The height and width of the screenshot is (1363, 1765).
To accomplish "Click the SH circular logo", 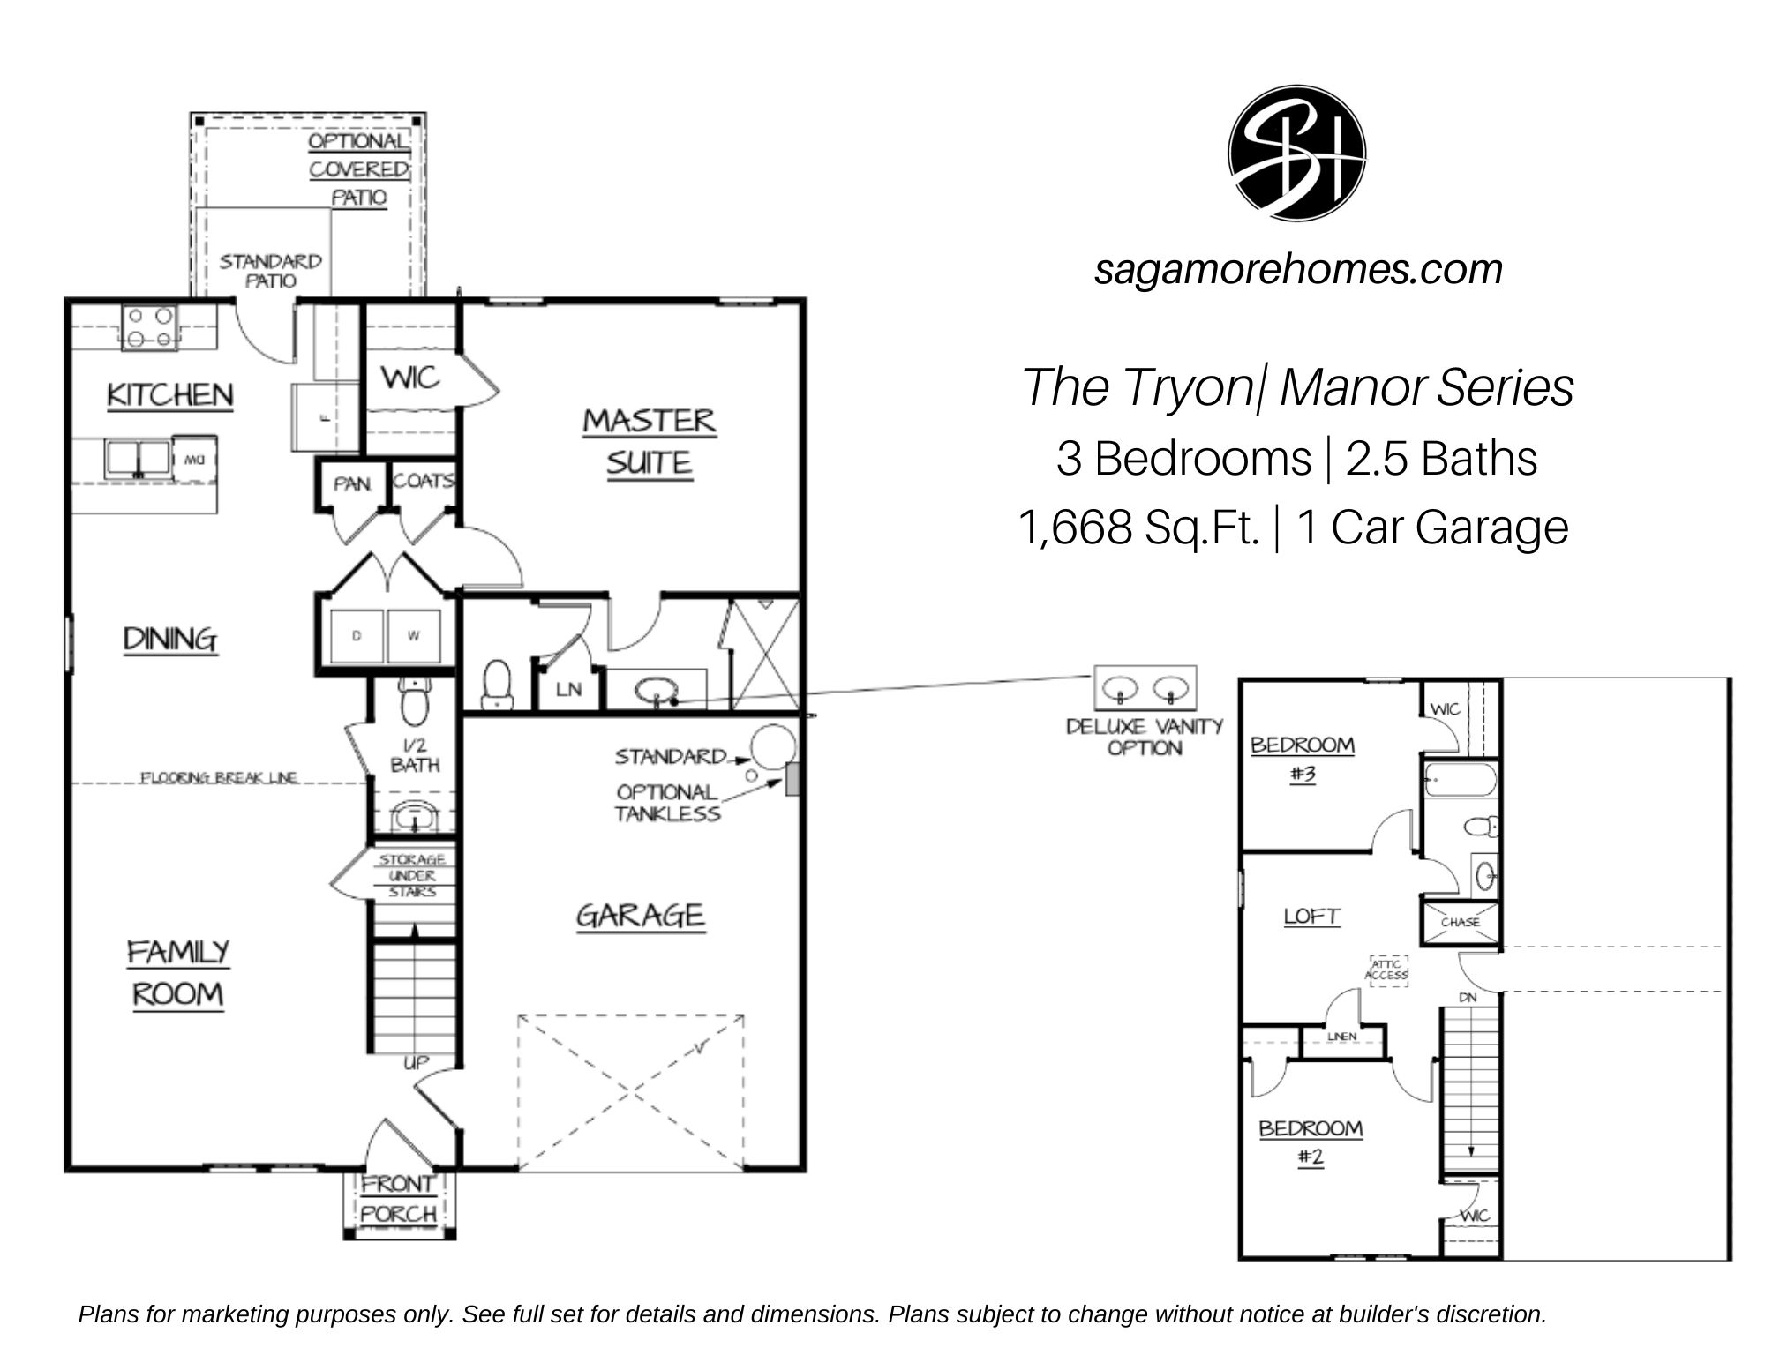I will [x=1296, y=154].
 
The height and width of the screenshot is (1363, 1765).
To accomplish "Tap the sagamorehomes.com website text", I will [x=1297, y=269].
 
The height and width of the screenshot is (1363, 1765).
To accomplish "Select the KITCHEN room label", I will [x=170, y=395].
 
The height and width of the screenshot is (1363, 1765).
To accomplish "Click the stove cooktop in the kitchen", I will [x=149, y=327].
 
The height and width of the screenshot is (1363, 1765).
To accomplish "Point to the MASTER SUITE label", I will [x=649, y=442].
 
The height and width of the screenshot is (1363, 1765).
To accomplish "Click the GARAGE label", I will [x=640, y=916].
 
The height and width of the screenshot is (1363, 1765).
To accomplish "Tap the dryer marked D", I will [x=357, y=636].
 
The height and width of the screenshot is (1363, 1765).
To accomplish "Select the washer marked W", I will [x=413, y=636].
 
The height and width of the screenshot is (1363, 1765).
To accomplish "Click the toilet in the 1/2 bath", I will [x=412, y=701].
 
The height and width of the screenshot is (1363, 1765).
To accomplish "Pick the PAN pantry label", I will [x=351, y=484].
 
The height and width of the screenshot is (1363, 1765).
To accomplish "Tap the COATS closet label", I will [x=424, y=481].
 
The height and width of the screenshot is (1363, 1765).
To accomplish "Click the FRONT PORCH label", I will [x=398, y=1199].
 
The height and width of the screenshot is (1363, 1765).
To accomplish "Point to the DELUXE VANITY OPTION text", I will [x=1145, y=737].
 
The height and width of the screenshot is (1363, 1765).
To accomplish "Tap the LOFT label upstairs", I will [x=1311, y=917].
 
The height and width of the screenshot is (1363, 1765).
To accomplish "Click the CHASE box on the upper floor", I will [x=1460, y=922].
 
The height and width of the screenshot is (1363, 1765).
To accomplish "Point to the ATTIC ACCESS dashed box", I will [x=1387, y=970].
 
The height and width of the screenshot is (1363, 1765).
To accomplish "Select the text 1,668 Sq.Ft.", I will [x=1138, y=528].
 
